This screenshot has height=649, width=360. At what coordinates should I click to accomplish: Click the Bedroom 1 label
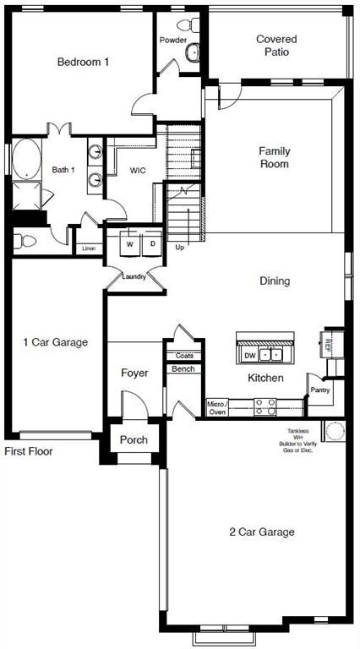83,62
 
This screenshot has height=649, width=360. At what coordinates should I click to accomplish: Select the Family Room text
274,157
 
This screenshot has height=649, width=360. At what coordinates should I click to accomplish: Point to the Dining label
275,281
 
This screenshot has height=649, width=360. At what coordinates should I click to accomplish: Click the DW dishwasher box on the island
249,355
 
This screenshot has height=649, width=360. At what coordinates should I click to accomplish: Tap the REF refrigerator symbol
330,344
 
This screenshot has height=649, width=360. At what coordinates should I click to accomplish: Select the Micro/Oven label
216,408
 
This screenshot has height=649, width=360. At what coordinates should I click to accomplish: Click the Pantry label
319,390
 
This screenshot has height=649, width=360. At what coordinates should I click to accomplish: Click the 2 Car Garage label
262,532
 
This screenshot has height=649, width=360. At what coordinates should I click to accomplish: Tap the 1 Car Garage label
56,342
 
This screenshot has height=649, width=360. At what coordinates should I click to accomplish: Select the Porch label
134,439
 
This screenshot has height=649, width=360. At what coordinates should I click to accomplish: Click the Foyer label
135,373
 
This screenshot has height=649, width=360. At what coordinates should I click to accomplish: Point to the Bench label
183,368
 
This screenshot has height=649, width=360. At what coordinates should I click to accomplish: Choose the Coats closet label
184,355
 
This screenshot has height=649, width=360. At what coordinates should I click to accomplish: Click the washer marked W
130,243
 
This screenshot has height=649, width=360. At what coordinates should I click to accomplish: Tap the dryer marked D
152,243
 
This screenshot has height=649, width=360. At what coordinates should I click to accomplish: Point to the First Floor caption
29,451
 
